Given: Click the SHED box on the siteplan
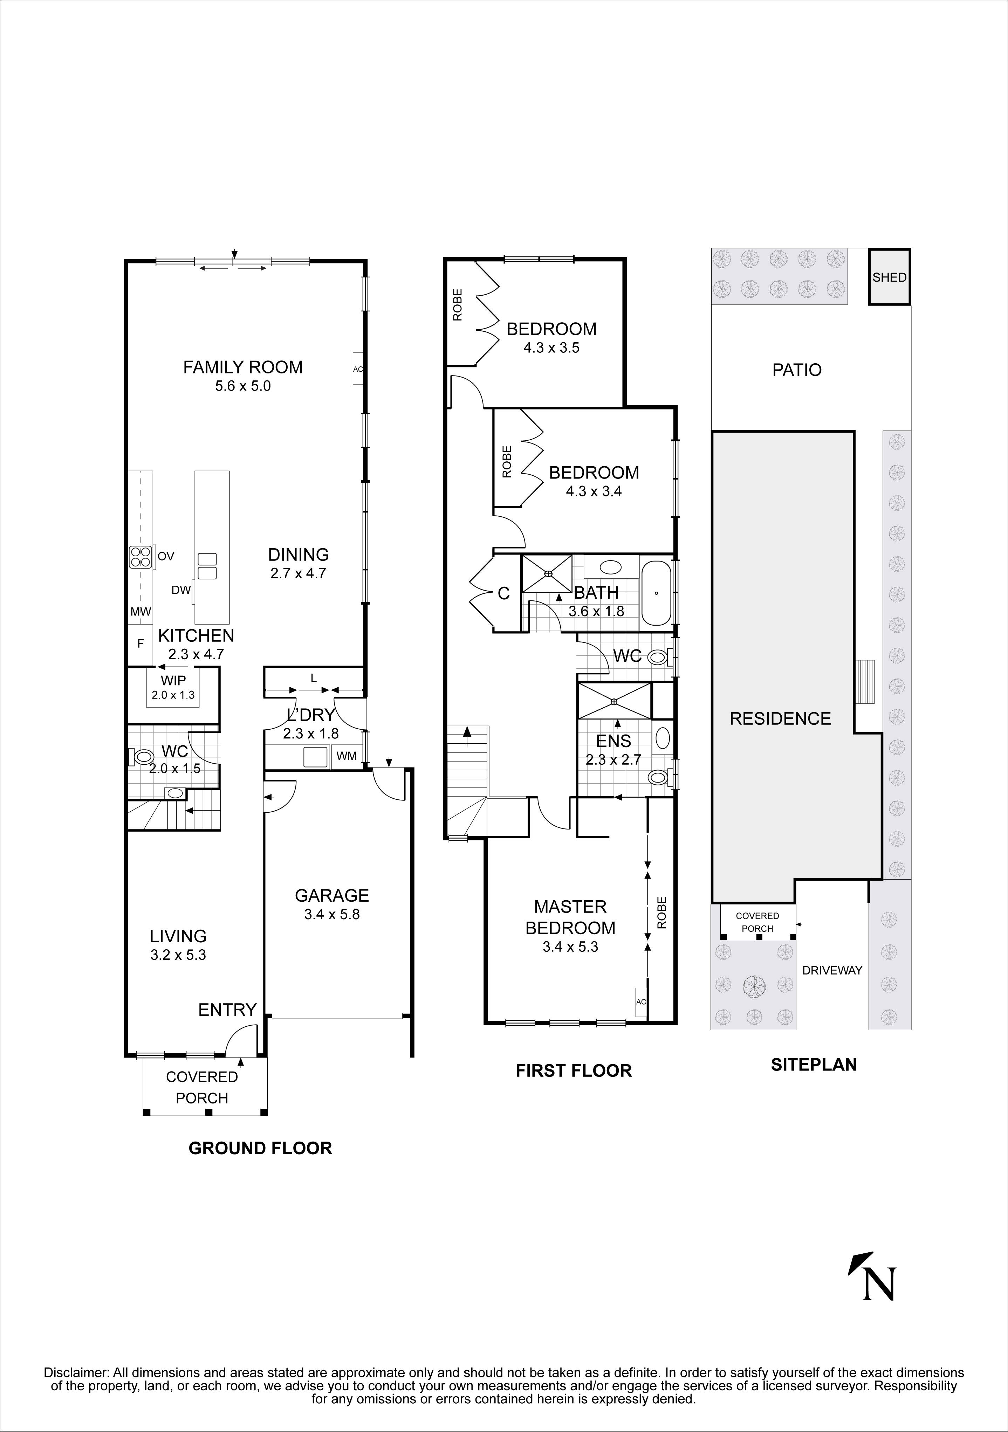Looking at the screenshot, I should pos(889,277).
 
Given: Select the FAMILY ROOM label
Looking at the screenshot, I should pos(243,367).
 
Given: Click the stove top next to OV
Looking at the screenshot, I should pos(141,556).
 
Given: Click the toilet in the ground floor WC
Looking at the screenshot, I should pos(143,757).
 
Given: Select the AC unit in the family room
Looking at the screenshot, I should pos(357,369).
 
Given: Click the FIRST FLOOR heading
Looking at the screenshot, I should pos(573,1071).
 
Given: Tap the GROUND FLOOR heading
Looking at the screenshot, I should pos(260,1148).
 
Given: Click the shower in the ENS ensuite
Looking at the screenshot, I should pos(615,702).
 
